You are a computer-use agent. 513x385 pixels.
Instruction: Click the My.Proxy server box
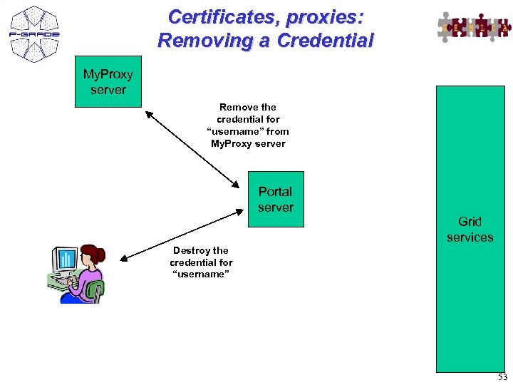pyautogui.click(x=108, y=82)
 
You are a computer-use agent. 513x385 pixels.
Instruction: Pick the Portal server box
pyautogui.click(x=276, y=199)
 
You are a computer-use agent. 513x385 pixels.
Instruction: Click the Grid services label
pyautogui.click(x=470, y=229)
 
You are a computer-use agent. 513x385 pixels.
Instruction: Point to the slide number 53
pyautogui.click(x=502, y=377)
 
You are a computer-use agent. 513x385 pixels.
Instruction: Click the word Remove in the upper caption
pyautogui.click(x=239, y=107)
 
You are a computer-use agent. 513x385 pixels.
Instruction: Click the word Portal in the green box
pyautogui.click(x=275, y=191)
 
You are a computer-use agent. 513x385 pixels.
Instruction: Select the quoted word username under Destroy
pyautogui.click(x=200, y=274)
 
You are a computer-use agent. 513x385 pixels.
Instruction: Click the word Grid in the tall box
pyautogui.click(x=470, y=221)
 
